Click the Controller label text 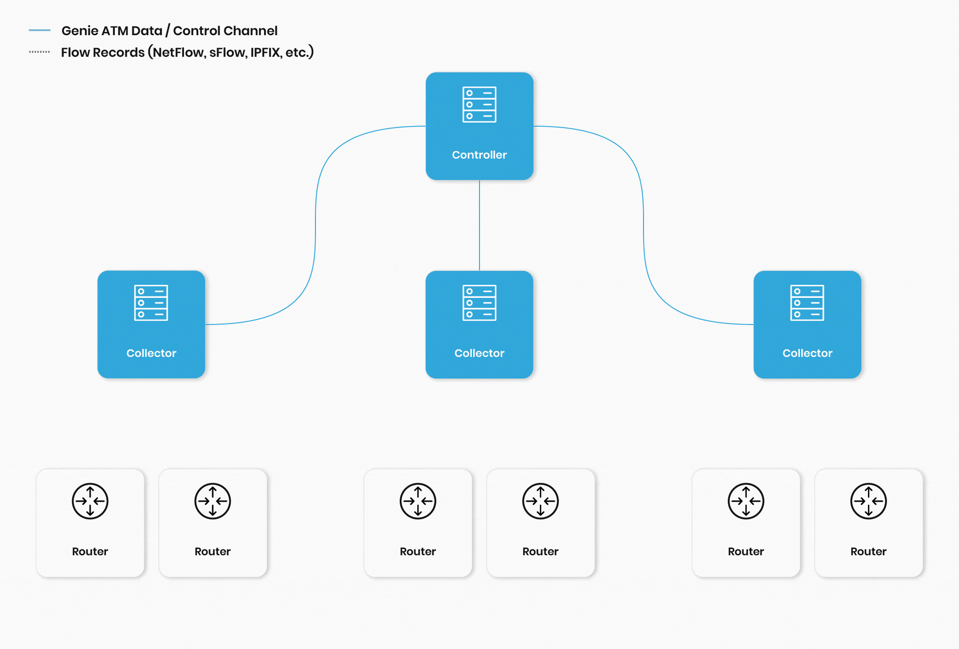(x=479, y=155)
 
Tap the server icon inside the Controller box (x=479, y=105)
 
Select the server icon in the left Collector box (x=151, y=303)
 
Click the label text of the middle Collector (x=479, y=353)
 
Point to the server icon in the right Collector (x=807, y=303)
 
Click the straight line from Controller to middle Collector (x=479, y=225)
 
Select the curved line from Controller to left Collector (x=316, y=225)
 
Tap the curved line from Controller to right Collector (x=643, y=225)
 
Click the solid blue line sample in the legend (x=40, y=30)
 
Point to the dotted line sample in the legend (x=40, y=52)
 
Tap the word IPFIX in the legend (x=265, y=52)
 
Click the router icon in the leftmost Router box (x=90, y=501)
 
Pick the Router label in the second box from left (x=212, y=551)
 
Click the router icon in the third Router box (x=418, y=501)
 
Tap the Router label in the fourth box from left (x=540, y=551)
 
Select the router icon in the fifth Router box (x=745, y=501)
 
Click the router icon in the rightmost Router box (x=868, y=501)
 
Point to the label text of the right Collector (x=807, y=353)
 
